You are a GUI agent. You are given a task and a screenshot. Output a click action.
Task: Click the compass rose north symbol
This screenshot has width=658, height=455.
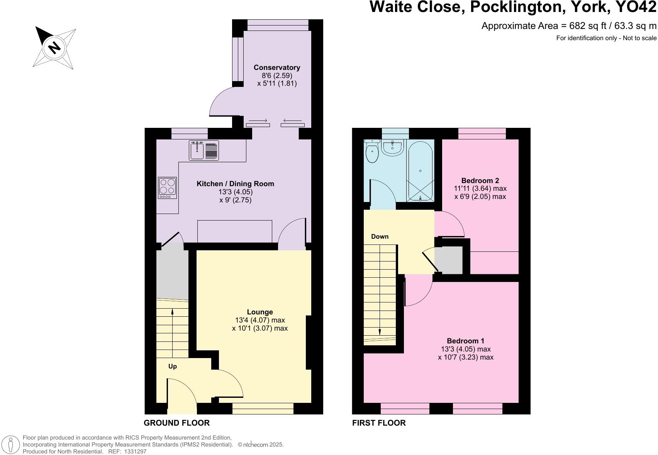click(x=54, y=48)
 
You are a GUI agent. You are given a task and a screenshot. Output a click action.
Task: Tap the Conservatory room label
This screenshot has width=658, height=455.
click(x=276, y=68)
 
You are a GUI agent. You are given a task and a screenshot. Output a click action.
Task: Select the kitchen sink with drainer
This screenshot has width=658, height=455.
click(x=204, y=151)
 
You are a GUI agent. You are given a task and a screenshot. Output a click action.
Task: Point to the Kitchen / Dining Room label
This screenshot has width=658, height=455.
click(x=235, y=184)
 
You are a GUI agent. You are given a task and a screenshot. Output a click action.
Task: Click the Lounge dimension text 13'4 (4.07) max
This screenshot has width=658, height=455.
click(x=259, y=320)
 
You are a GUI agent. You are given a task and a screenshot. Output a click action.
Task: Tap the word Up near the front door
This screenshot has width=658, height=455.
click(x=173, y=366)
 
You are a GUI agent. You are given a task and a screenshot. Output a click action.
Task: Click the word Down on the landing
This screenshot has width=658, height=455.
click(x=380, y=237)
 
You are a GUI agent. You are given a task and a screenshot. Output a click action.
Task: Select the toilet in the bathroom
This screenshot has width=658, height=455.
click(x=372, y=152)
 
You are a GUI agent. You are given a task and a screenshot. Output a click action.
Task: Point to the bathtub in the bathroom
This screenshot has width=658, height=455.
click(x=420, y=170)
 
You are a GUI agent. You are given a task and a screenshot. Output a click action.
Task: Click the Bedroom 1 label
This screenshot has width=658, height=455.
click(x=465, y=341)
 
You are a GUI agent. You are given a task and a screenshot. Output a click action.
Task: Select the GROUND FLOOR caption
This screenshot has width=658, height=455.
click(x=176, y=423)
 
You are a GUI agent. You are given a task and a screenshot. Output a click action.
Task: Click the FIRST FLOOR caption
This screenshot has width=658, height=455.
click(x=379, y=423)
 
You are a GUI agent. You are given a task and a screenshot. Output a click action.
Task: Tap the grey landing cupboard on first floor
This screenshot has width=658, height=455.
click(x=449, y=260)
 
